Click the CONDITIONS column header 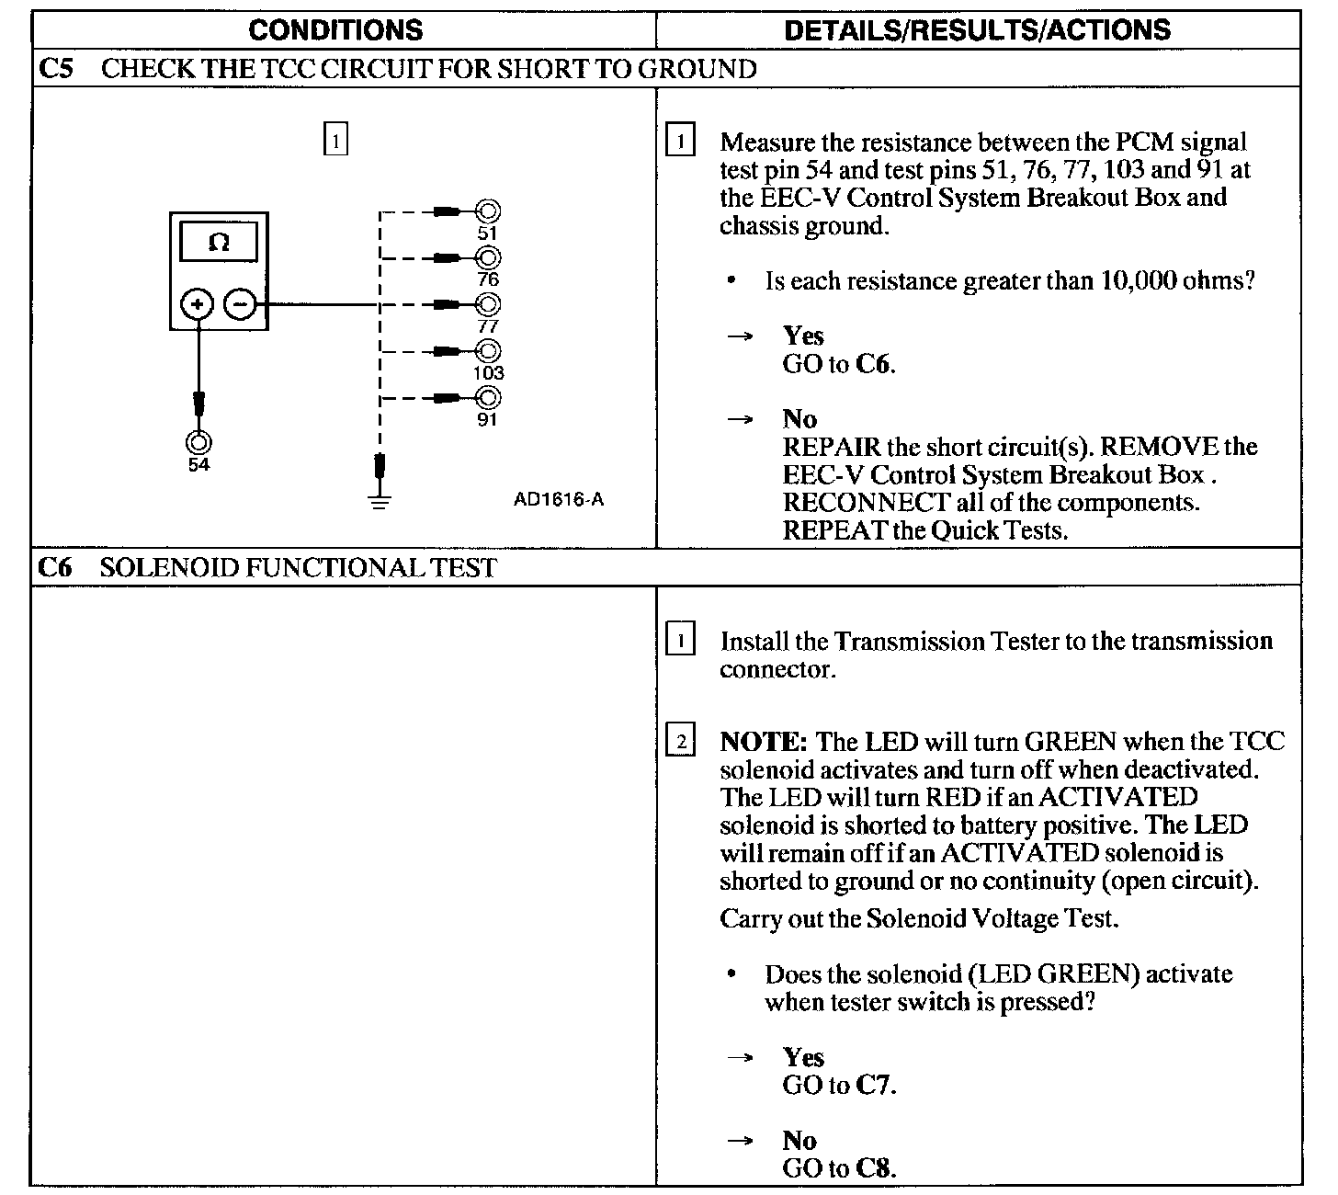335,29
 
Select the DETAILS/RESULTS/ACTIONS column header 977,29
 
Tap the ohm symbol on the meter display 219,243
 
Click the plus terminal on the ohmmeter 197,303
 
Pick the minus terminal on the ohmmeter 241,303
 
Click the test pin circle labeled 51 488,211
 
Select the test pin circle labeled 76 488,257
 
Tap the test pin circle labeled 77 488,304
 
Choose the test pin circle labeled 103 488,350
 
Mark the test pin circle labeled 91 488,398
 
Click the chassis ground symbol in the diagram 380,500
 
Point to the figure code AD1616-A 559,500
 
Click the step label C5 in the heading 56,69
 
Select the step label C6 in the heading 56,567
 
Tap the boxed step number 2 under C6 680,741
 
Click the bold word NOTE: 763,741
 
